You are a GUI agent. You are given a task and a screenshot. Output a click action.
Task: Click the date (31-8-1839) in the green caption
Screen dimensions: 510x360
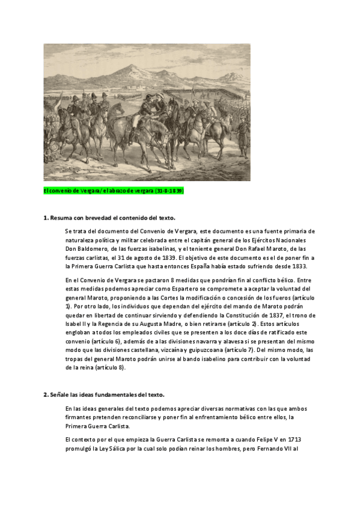[169, 191]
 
